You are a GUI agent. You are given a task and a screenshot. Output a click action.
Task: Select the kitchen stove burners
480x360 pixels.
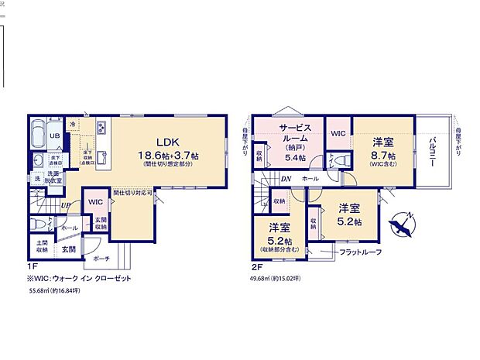[x=101, y=128]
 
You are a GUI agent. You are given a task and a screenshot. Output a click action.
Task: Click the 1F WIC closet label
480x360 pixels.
[x=95, y=202]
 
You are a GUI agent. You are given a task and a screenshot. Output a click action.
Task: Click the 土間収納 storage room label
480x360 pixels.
[x=41, y=247]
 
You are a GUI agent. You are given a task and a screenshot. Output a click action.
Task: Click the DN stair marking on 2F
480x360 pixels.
[x=286, y=179]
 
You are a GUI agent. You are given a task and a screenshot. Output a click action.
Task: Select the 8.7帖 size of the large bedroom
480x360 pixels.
[x=382, y=155]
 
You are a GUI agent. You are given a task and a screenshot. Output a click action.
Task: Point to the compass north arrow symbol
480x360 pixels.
[x=404, y=225]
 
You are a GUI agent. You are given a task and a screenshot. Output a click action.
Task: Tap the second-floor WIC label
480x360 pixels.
[x=338, y=133]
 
